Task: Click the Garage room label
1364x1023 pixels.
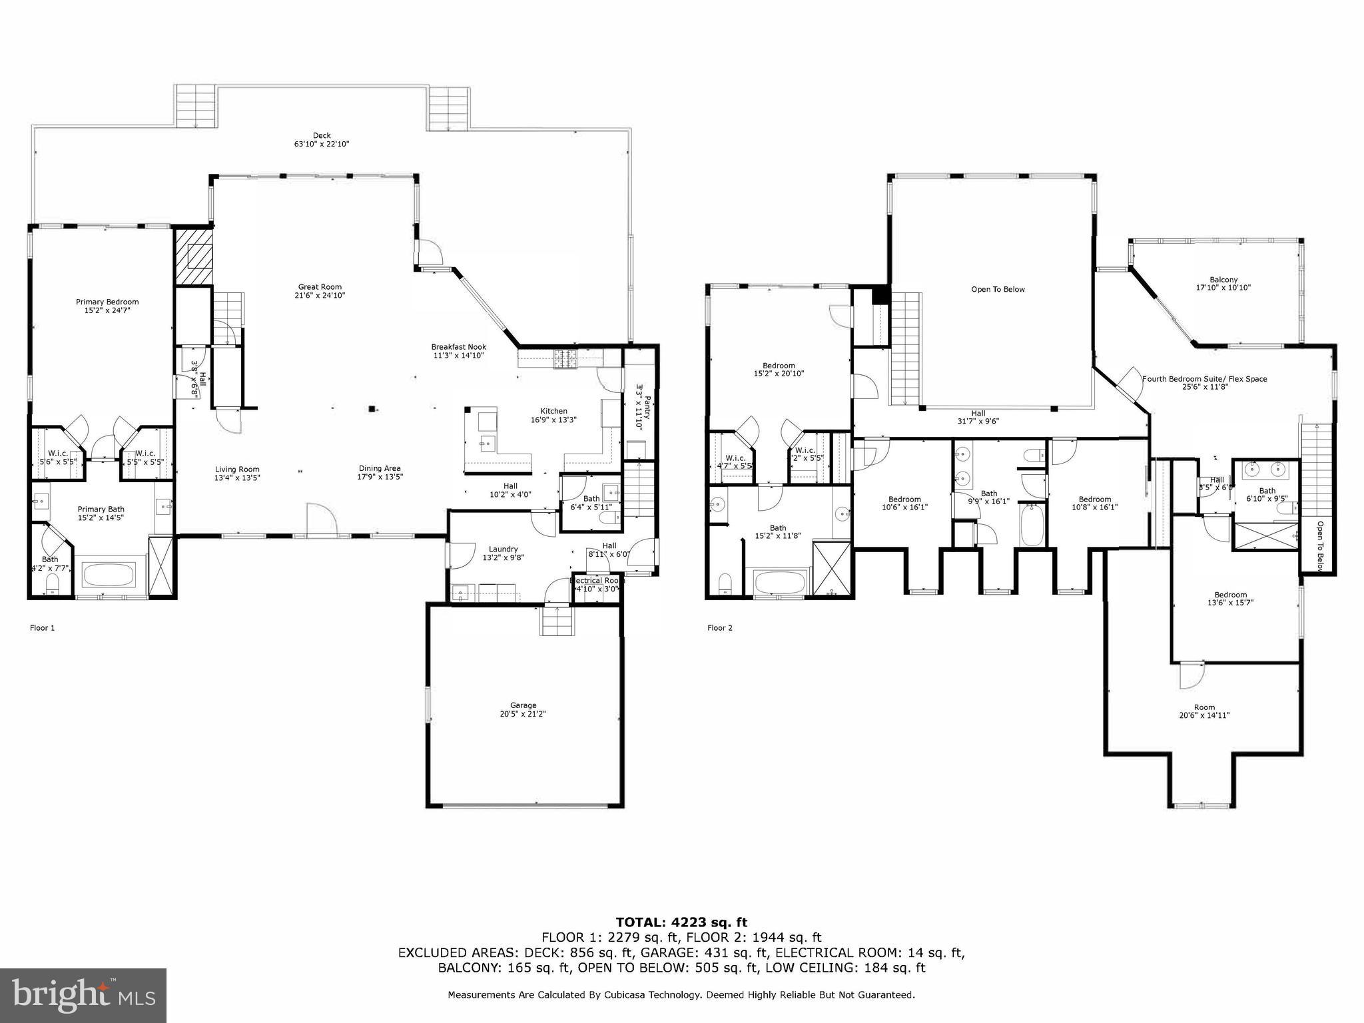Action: [x=523, y=709]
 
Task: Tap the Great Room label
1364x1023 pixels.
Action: [x=320, y=291]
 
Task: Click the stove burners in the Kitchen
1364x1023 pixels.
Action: [x=565, y=360]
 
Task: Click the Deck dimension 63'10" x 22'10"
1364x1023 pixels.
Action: [x=322, y=144]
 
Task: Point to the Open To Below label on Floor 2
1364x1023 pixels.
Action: [x=998, y=289]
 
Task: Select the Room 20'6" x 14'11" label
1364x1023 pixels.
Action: [x=1204, y=711]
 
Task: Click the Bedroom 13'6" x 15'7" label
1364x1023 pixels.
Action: [x=1230, y=599]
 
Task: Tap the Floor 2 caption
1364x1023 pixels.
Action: [x=719, y=627]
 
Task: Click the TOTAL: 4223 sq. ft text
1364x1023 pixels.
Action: [x=681, y=922]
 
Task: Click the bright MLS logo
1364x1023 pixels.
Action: [x=83, y=995]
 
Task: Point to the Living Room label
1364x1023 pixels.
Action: [x=237, y=473]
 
